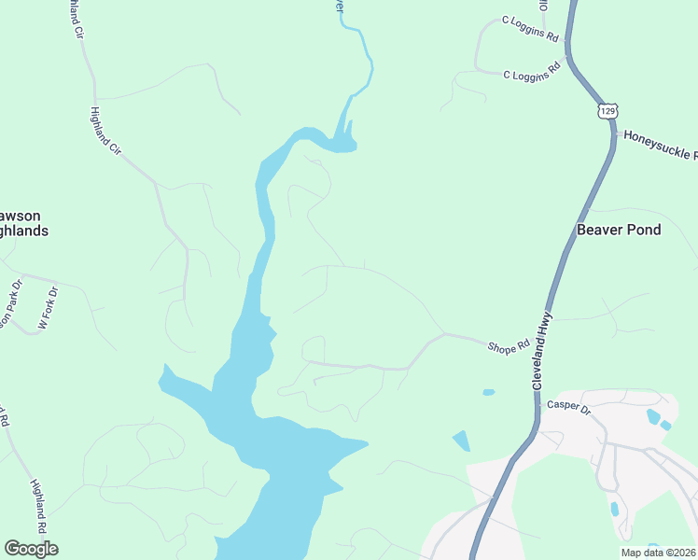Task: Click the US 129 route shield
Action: (x=607, y=111)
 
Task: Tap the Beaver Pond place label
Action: (x=618, y=230)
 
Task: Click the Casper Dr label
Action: (x=568, y=406)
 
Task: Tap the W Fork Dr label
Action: (x=48, y=307)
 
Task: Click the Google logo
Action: (x=31, y=548)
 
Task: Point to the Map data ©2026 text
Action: (x=658, y=553)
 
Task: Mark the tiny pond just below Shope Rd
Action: (x=488, y=392)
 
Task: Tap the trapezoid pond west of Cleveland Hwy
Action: (x=462, y=441)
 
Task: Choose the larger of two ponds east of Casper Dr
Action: (x=652, y=415)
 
